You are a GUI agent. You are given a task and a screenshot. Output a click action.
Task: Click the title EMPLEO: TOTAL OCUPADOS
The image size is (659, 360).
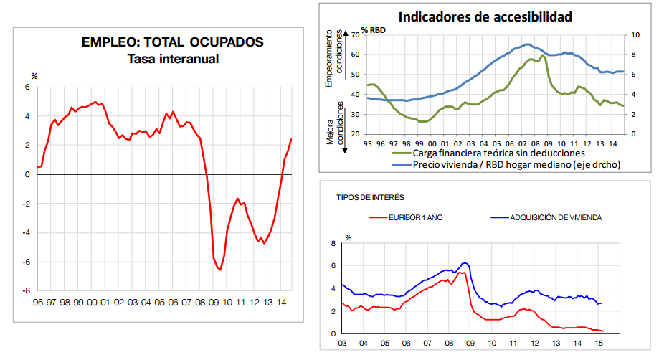tap(173, 42)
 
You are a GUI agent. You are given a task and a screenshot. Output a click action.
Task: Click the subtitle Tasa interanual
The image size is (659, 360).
tap(173, 59)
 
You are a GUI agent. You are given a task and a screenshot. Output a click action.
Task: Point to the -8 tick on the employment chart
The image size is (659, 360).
tap(27, 290)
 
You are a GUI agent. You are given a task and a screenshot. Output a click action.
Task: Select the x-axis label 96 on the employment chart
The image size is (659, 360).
tap(37, 303)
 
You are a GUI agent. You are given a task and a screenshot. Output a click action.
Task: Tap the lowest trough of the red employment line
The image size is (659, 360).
tap(219, 270)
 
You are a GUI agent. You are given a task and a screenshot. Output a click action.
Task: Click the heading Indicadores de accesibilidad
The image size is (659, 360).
tap(485, 16)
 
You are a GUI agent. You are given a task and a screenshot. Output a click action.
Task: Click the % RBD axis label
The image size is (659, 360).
tap(374, 29)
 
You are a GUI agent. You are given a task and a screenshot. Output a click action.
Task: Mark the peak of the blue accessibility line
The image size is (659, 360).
tap(528, 44)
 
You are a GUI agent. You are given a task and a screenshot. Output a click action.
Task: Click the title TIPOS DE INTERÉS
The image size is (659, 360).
tap(369, 196)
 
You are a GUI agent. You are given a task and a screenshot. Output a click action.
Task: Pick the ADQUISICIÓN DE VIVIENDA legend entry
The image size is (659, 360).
tap(556, 217)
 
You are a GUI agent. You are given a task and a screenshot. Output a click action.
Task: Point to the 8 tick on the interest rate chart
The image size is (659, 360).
tap(333, 244)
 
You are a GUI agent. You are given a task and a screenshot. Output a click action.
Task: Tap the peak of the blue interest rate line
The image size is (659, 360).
tap(465, 263)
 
